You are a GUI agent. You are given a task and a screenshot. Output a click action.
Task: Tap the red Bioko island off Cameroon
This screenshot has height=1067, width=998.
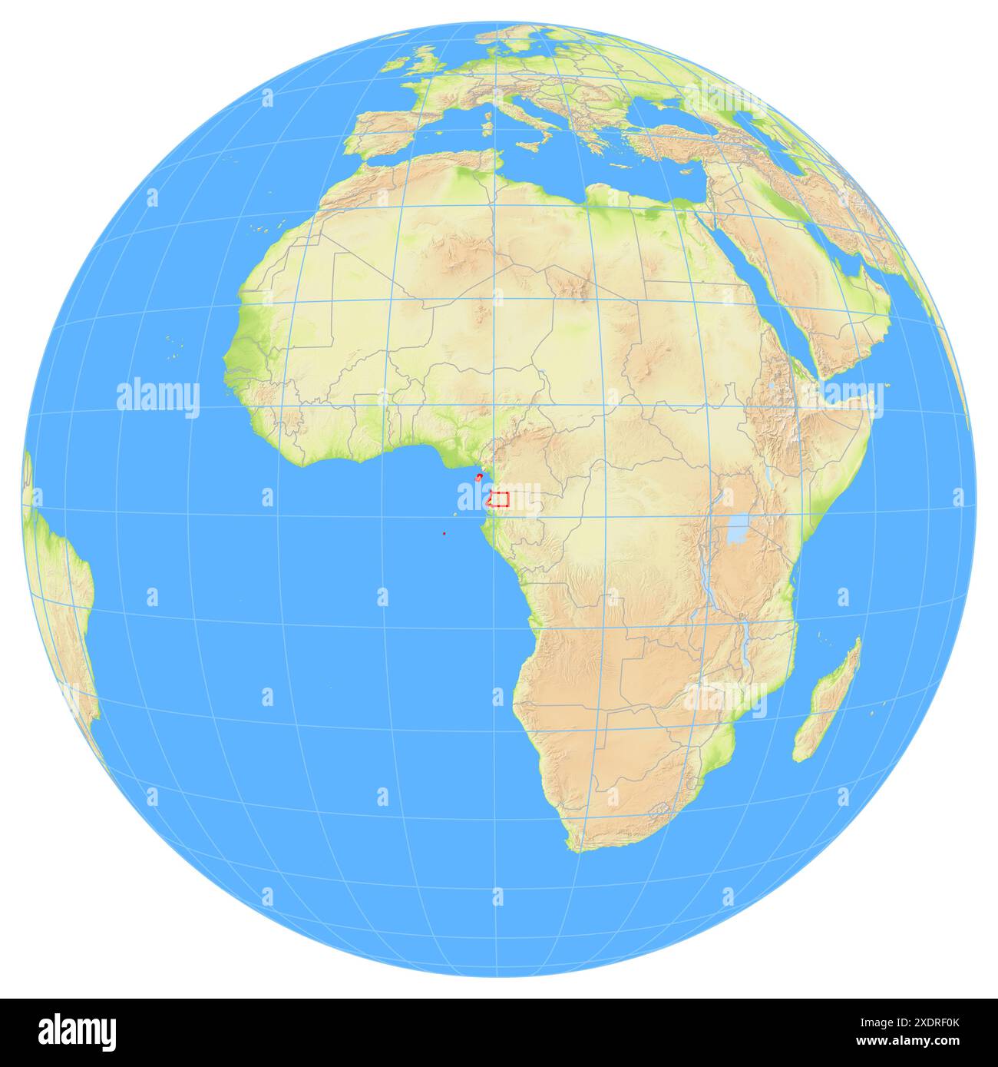pyautogui.click(x=479, y=478)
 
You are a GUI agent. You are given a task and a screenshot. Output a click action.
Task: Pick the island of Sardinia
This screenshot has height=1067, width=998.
pyautogui.click(x=488, y=125)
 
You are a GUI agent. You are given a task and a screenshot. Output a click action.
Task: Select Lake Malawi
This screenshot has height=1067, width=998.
pyautogui.click(x=745, y=638)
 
